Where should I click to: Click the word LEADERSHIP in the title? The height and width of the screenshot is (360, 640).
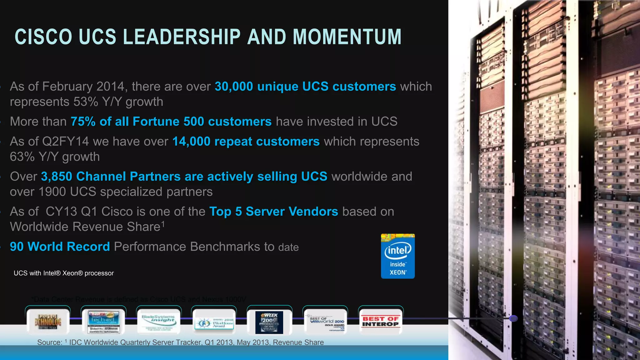coord(182,37)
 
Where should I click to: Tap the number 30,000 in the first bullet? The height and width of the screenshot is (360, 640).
coord(234,87)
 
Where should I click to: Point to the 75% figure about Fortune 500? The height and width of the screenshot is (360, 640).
coord(83,122)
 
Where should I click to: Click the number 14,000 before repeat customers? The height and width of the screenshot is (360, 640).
coord(191,142)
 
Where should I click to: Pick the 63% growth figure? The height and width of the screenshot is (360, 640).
coord(22,157)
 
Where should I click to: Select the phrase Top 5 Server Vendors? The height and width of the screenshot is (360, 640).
coord(273,212)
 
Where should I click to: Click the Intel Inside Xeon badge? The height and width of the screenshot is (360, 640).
coord(397,256)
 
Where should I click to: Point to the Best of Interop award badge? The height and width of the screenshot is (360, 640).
coord(380,321)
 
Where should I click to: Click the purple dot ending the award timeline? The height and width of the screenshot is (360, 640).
coord(513,318)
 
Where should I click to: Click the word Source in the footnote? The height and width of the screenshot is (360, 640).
coord(49,342)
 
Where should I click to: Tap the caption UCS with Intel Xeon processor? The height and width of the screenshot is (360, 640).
coord(64,273)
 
